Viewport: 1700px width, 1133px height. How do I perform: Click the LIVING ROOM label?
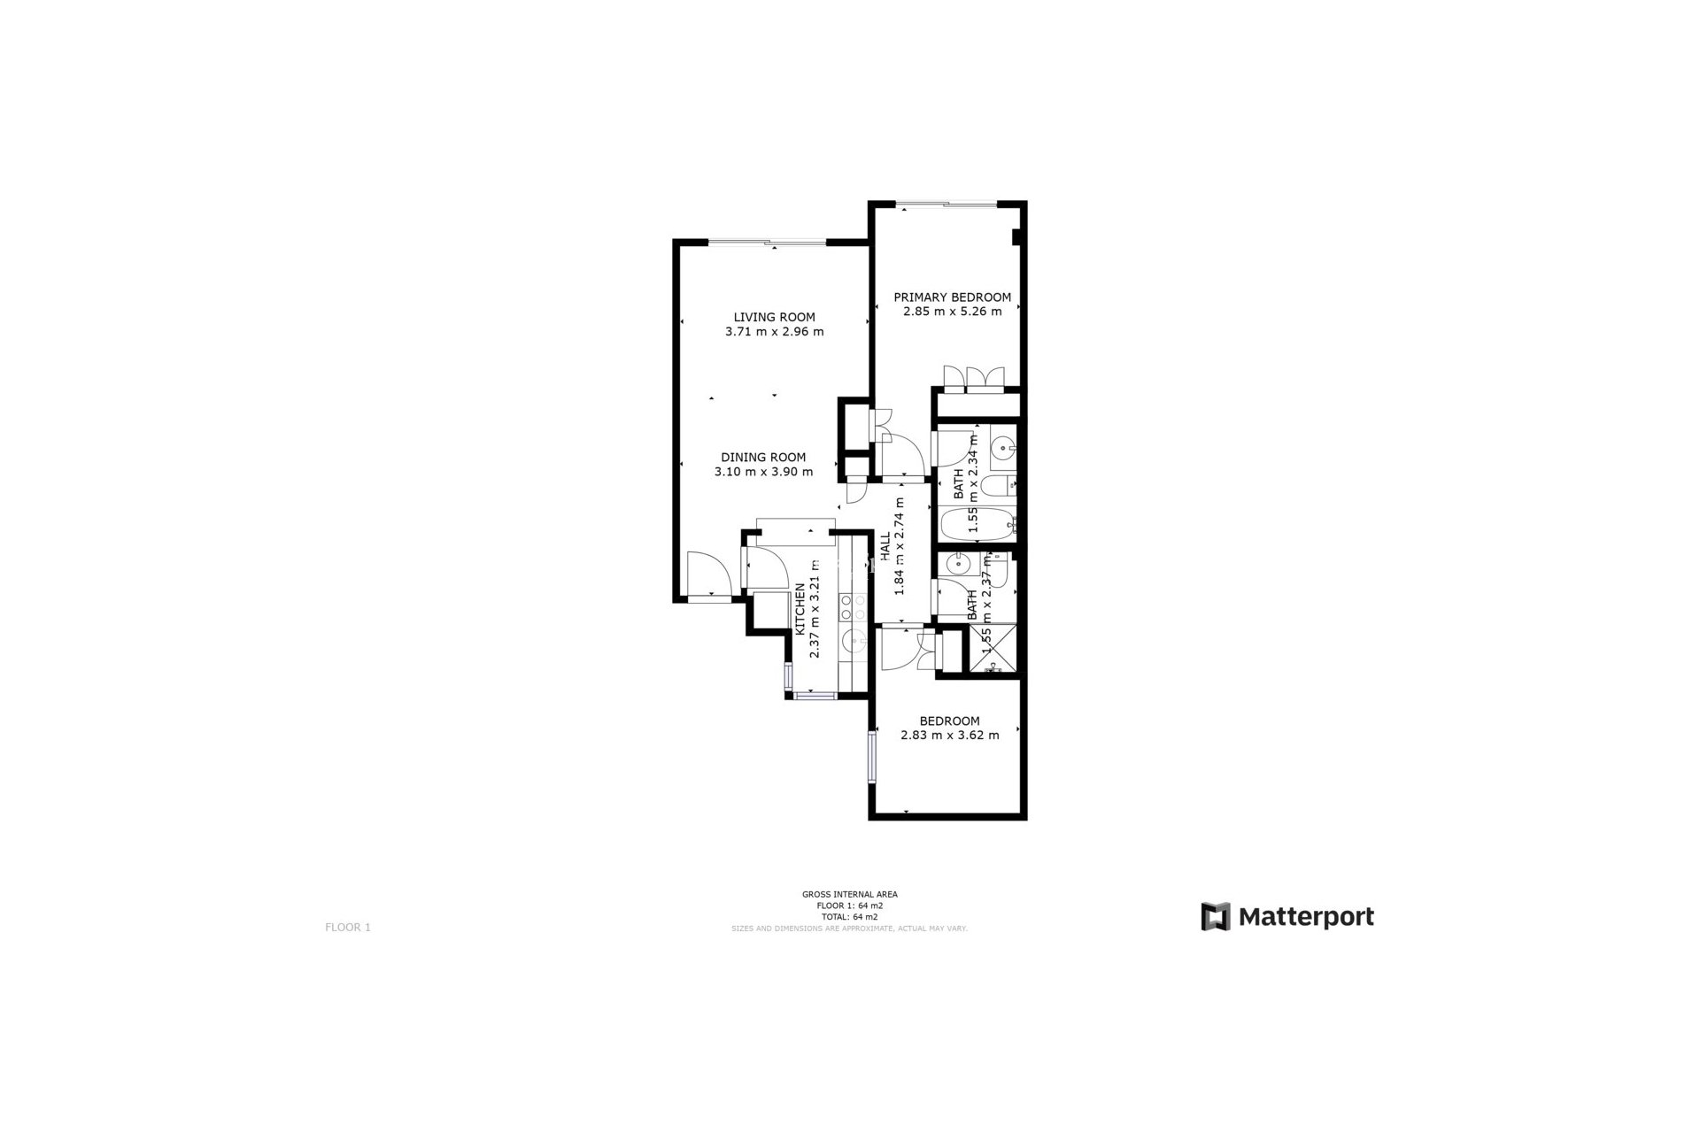[774, 317]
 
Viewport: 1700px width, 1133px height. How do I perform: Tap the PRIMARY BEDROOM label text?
[952, 297]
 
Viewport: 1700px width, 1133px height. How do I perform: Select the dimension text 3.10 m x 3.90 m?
[763, 472]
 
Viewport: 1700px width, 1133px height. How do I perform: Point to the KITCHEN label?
[800, 609]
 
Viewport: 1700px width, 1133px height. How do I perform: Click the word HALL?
[885, 547]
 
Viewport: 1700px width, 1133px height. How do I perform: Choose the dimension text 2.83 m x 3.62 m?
[949, 735]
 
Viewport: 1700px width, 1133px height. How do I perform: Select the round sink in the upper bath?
[1003, 448]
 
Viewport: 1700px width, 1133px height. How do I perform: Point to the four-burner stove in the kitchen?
[854, 607]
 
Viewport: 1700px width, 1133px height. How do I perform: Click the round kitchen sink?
[854, 639]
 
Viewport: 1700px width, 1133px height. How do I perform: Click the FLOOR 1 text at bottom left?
[348, 928]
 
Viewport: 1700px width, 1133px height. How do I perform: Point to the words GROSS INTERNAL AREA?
[849, 894]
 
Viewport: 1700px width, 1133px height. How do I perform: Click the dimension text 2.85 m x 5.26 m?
[952, 312]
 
